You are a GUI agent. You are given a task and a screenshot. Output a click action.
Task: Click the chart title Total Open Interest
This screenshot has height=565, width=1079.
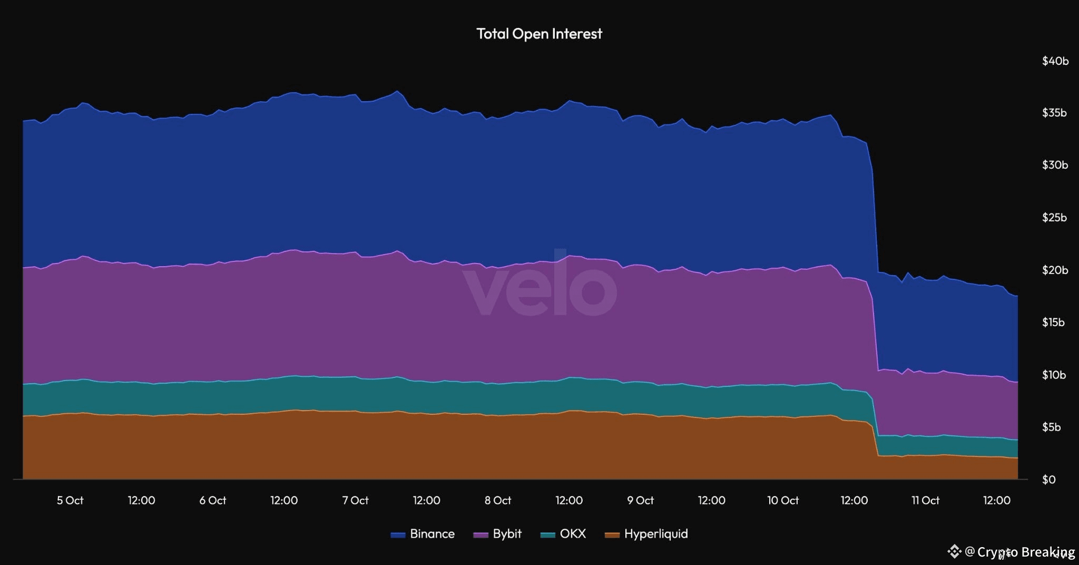[539, 34]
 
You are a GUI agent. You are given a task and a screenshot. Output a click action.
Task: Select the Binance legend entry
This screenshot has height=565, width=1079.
[431, 534]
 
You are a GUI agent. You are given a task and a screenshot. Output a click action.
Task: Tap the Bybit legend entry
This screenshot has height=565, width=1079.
[507, 534]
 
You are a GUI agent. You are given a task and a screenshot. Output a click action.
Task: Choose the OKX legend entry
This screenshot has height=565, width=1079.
[573, 534]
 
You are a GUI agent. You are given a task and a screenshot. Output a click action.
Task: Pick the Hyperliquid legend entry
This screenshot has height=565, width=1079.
[655, 534]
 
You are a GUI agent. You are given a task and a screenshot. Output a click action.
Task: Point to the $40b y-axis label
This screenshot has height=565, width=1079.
[1055, 61]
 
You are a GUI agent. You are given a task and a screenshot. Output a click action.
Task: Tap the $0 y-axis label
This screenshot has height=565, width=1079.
[1048, 480]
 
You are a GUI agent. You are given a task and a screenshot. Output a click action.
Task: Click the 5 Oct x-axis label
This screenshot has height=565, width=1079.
[70, 500]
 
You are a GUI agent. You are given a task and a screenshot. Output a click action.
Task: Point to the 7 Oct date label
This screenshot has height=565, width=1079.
[355, 500]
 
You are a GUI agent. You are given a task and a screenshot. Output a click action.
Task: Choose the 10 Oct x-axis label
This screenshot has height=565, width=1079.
[783, 500]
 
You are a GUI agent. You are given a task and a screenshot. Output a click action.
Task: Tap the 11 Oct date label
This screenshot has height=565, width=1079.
[926, 500]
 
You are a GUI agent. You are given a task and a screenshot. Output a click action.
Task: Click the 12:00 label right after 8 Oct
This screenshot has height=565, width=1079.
[569, 500]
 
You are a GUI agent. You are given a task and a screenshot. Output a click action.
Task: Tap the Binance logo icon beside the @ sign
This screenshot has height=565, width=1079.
[954, 552]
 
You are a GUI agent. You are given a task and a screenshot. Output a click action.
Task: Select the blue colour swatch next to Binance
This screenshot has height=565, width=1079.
[398, 535]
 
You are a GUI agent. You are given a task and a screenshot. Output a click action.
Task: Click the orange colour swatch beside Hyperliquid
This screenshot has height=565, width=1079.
[612, 535]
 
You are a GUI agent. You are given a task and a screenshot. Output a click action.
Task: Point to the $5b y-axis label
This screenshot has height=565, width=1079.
[1052, 427]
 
